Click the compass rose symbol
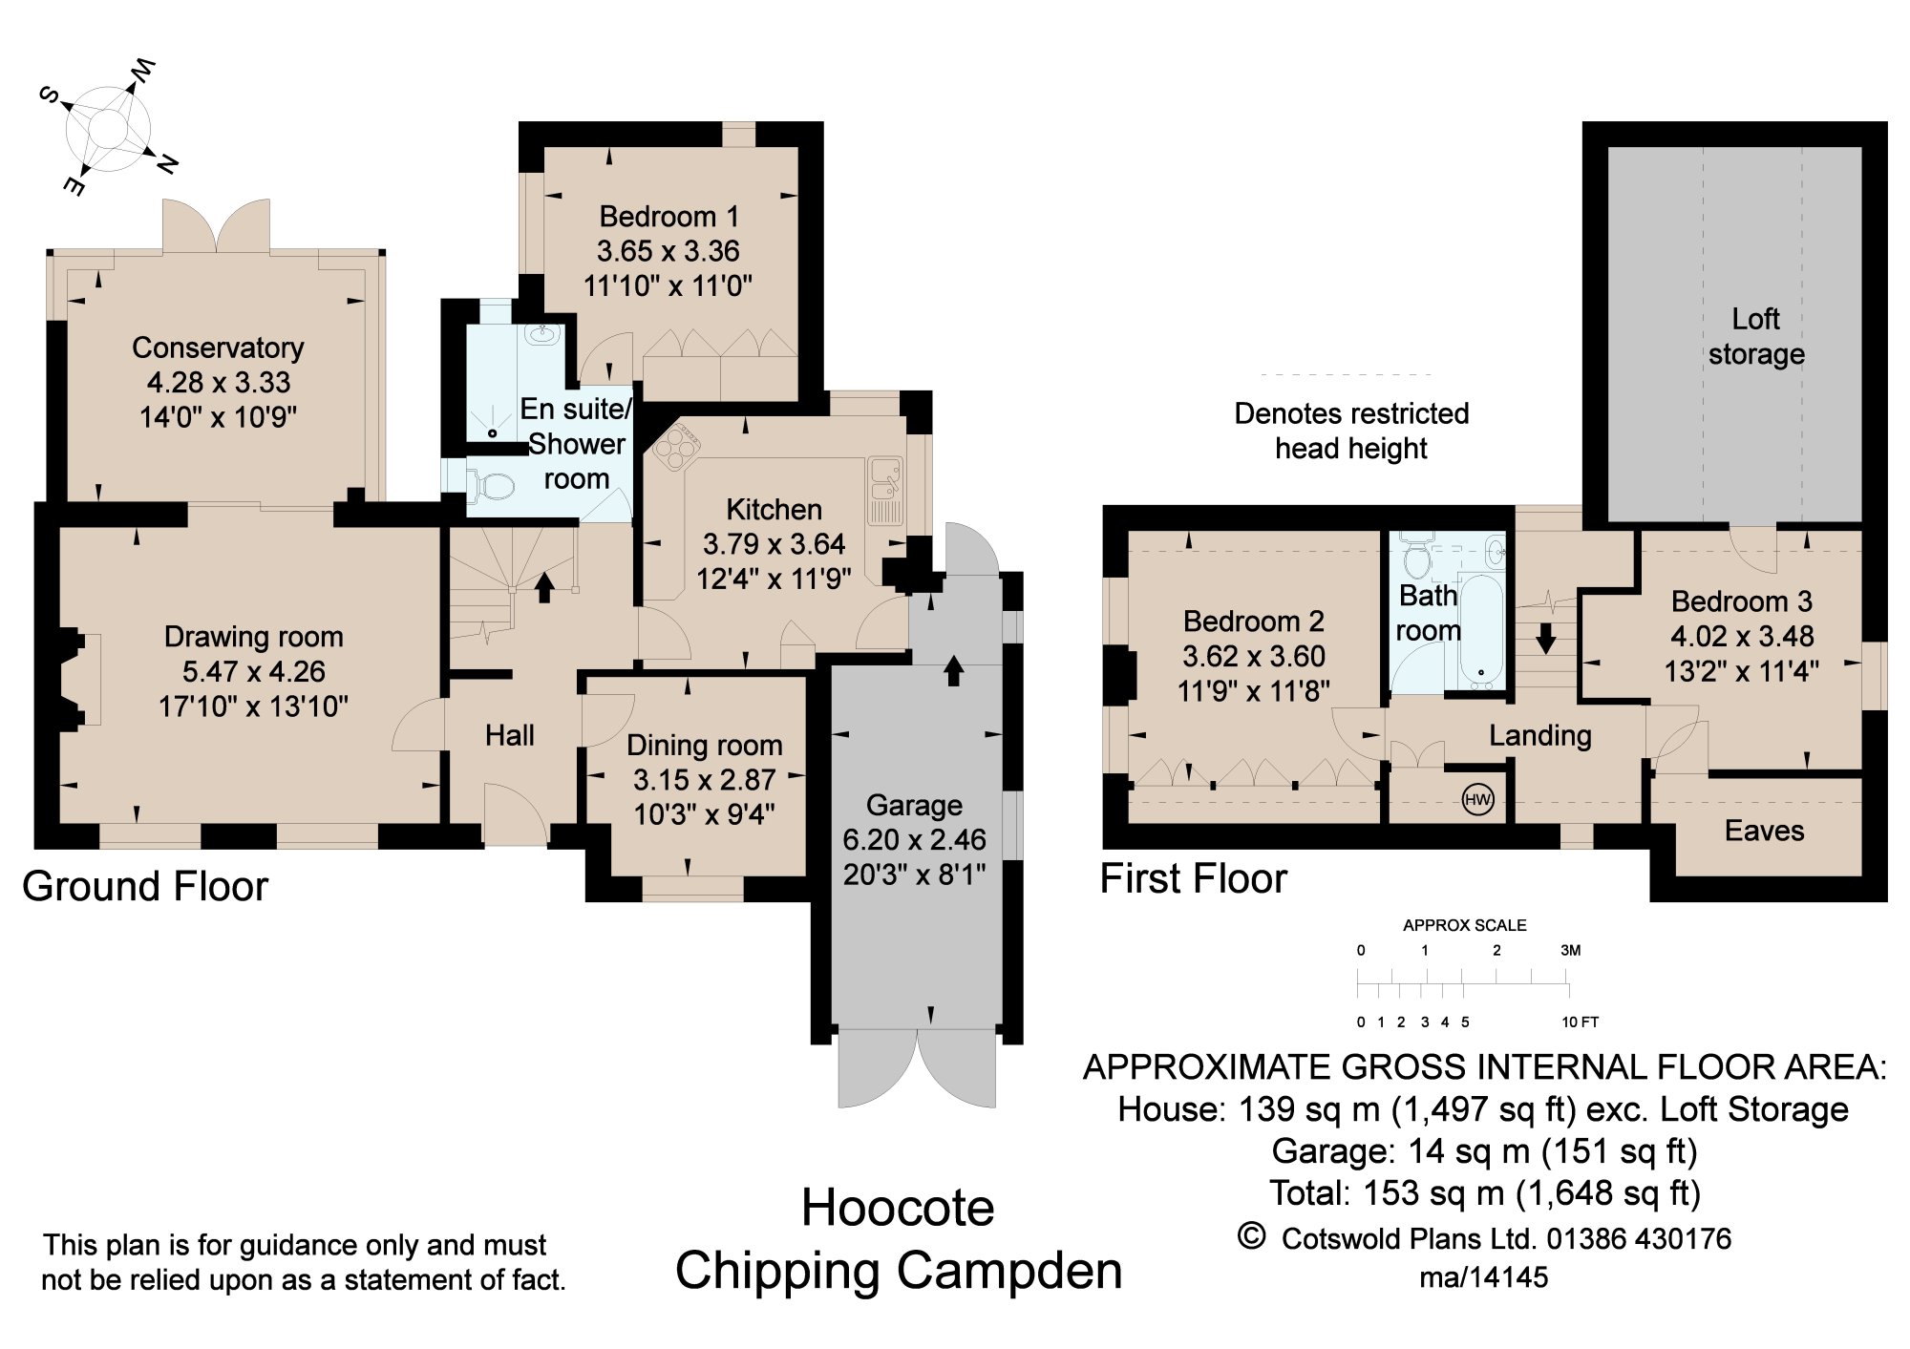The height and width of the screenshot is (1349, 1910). click(108, 128)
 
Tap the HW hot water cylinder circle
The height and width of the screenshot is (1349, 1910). click(1477, 800)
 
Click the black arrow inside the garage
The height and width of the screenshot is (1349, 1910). click(953, 669)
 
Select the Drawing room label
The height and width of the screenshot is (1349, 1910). click(253, 637)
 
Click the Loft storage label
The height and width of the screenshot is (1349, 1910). click(1755, 336)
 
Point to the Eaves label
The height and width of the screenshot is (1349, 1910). click(1764, 831)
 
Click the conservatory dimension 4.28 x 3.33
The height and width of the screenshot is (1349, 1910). click(219, 382)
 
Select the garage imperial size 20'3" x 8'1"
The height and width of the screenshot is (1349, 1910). click(914, 874)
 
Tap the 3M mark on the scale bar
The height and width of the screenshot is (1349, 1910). click(1570, 950)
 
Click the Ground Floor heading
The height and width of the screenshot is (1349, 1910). click(145, 886)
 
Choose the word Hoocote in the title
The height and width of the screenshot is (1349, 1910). click(898, 1208)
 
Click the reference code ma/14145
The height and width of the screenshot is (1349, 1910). click(1483, 1277)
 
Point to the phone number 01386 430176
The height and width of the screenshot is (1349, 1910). click(1638, 1238)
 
